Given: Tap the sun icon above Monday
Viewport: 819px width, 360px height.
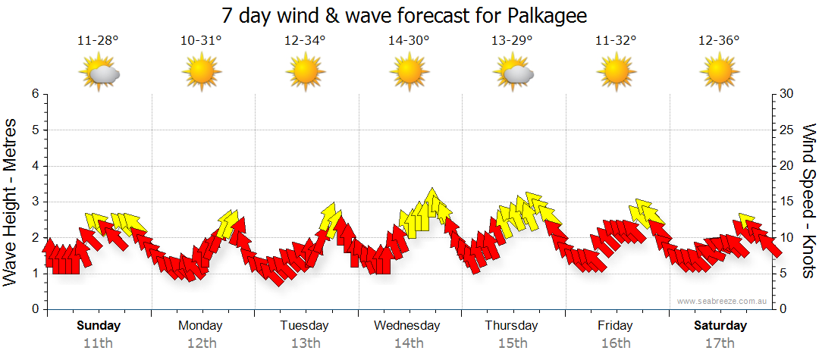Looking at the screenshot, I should (x=201, y=74).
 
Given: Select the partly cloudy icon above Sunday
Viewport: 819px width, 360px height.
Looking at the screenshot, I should (x=99, y=74).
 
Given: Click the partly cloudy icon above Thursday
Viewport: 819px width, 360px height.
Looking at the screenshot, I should (x=513, y=74).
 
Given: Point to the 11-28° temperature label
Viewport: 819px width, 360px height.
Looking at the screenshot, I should (x=98, y=40).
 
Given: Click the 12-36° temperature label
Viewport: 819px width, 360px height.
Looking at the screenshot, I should (x=719, y=40).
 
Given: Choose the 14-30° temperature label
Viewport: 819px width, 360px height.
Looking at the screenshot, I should (x=409, y=40).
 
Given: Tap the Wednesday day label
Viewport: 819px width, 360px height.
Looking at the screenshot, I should (x=407, y=326).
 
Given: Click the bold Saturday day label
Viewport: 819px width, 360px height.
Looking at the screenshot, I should (x=720, y=326).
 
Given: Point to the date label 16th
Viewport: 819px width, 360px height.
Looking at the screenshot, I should (x=615, y=343).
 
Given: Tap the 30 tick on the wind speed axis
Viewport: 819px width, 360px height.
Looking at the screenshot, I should (x=787, y=94).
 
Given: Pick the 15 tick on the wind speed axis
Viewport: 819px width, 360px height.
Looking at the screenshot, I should (x=787, y=202).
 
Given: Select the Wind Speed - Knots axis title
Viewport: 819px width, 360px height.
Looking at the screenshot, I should (x=808, y=201).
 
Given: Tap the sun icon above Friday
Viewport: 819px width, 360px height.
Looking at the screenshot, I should (x=615, y=74).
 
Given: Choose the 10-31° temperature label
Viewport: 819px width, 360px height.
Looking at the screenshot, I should (x=201, y=40).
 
